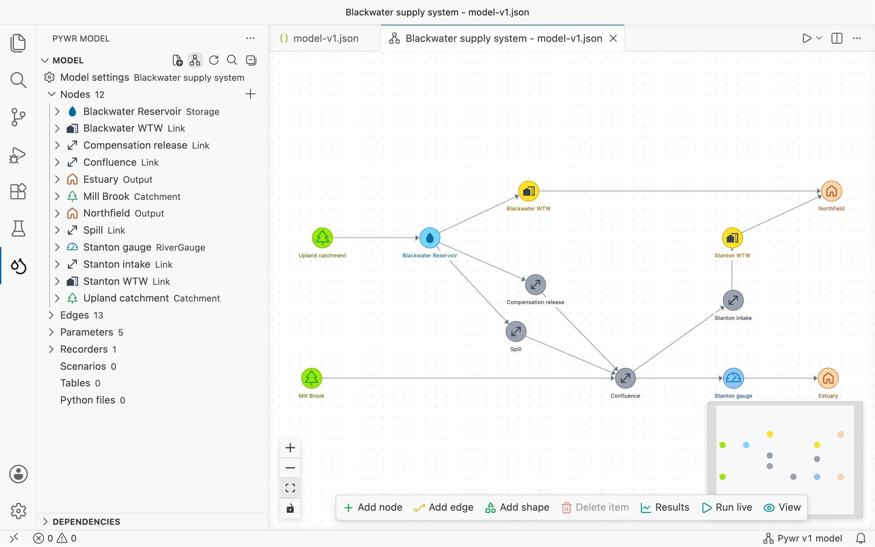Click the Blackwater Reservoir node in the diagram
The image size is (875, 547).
[x=429, y=238]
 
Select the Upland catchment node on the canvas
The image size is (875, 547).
[x=322, y=238]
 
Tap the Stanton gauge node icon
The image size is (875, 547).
[x=733, y=378]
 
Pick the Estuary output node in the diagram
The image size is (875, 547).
[x=828, y=378]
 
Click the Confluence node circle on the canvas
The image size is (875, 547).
[x=625, y=378]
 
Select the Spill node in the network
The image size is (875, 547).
[x=516, y=331]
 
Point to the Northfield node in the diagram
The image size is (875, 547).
[x=831, y=191]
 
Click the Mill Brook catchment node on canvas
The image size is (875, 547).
[x=311, y=378]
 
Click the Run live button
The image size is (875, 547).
[x=727, y=507]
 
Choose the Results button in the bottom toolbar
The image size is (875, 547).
[x=665, y=507]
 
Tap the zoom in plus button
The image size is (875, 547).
[x=290, y=448]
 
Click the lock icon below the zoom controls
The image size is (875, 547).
[x=290, y=509]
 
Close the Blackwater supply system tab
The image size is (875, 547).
[x=613, y=38]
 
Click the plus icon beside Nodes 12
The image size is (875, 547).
[x=250, y=94]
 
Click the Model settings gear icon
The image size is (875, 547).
[x=50, y=78]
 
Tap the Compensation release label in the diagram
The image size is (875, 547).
[x=535, y=302]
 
